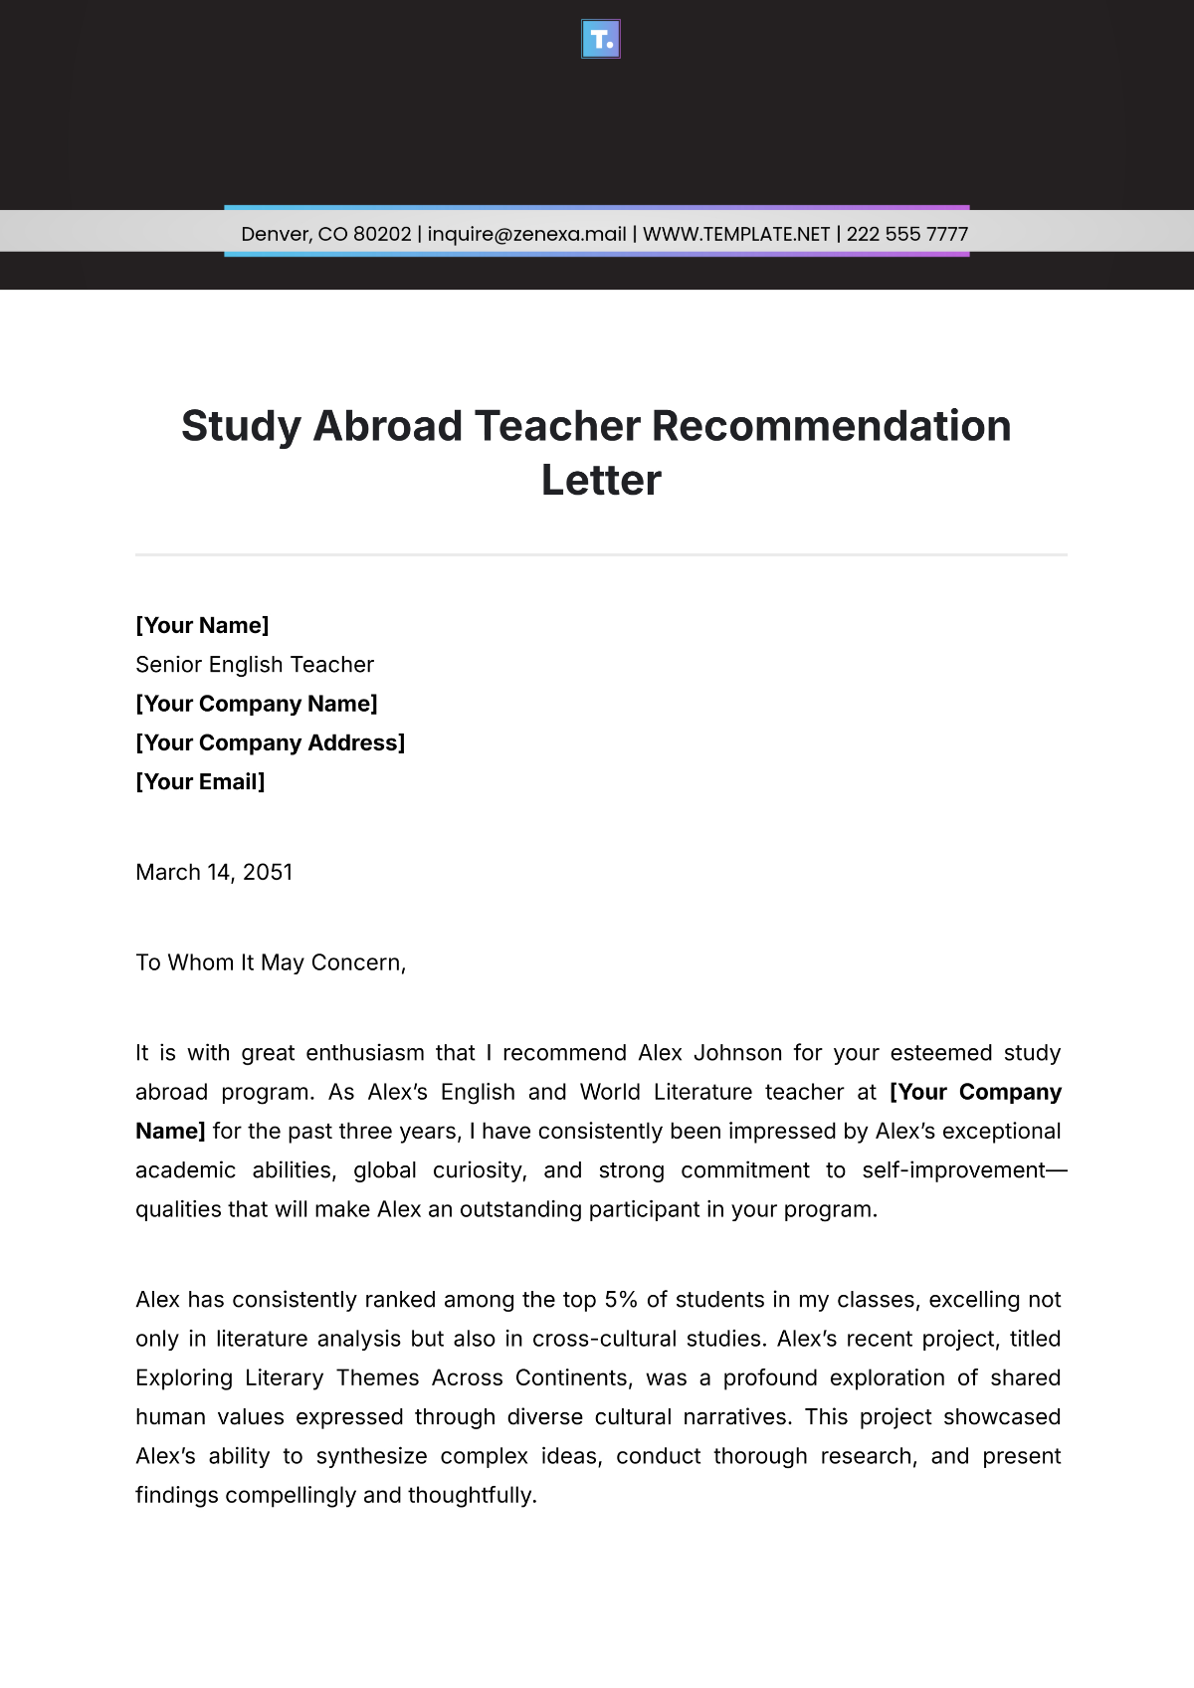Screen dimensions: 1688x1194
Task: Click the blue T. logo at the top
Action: click(600, 39)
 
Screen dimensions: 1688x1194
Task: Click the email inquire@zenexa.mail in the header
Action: click(526, 234)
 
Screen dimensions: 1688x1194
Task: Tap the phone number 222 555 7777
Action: click(906, 234)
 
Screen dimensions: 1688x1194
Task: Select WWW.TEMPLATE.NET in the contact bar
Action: click(736, 234)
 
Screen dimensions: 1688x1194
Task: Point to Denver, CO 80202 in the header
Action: click(326, 234)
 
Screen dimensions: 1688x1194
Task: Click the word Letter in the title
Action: click(601, 481)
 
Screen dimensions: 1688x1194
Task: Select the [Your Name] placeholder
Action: click(202, 625)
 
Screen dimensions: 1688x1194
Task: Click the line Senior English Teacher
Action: click(255, 665)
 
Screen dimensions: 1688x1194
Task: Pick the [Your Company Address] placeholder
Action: click(270, 742)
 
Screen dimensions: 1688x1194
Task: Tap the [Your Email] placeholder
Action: click(200, 782)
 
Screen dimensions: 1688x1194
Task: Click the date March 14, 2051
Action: click(214, 873)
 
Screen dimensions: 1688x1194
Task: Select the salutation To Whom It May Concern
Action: click(271, 962)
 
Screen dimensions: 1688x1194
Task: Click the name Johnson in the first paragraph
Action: click(737, 1053)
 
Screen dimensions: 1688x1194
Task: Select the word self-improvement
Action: click(953, 1170)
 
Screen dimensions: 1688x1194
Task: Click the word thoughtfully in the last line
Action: click(472, 1496)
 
